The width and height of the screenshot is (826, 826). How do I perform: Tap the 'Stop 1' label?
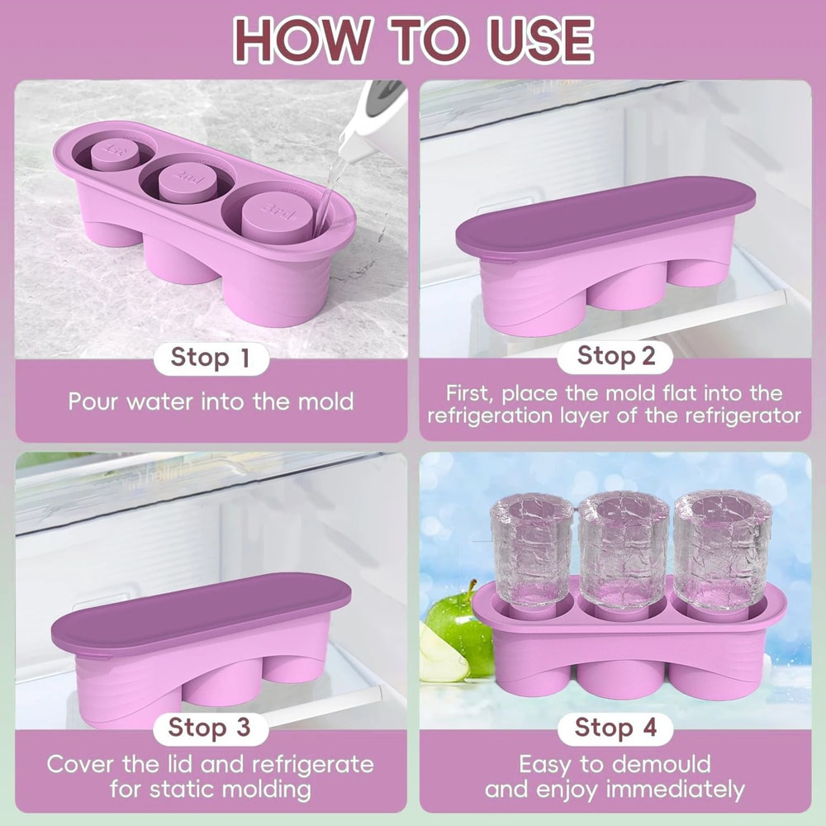(x=210, y=358)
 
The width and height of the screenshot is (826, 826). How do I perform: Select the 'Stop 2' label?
(x=615, y=356)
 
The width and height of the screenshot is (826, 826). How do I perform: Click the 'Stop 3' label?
(x=208, y=728)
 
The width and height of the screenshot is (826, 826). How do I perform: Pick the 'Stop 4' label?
(x=615, y=728)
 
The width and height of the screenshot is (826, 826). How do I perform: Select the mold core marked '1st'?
(x=116, y=151)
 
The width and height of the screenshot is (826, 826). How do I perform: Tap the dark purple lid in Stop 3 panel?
(x=201, y=609)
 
